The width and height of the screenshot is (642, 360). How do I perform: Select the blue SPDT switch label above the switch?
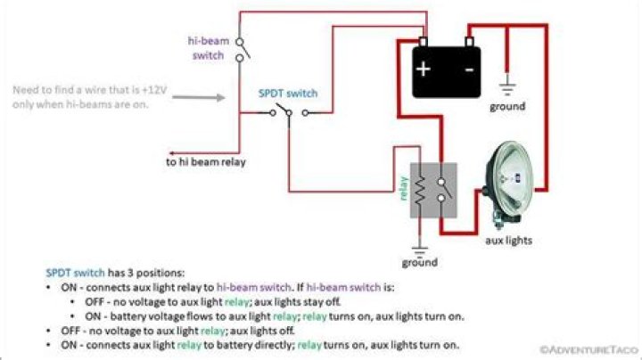(x=287, y=93)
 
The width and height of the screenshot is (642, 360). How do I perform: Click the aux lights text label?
(x=508, y=241)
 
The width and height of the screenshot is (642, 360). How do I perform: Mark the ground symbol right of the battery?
(x=507, y=88)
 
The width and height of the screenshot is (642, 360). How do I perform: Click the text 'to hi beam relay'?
(x=206, y=162)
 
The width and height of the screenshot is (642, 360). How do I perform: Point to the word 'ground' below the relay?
(x=419, y=263)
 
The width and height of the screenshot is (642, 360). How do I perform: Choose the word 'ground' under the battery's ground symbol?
(x=507, y=107)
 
